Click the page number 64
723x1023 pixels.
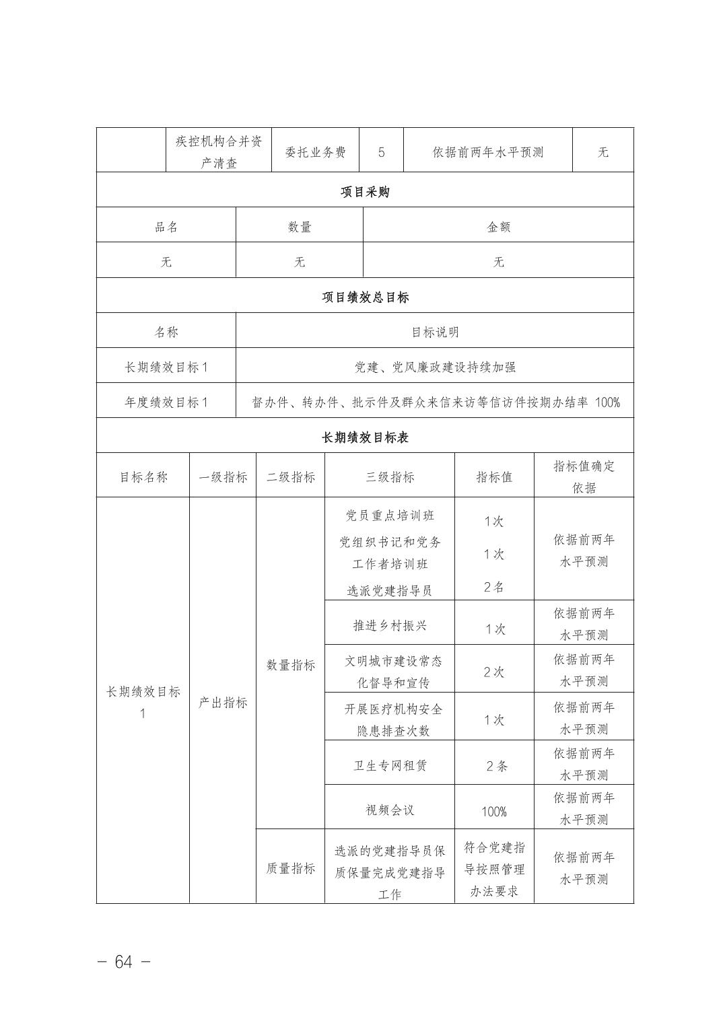123,962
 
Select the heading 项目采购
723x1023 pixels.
364,192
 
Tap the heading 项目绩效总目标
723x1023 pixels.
364,297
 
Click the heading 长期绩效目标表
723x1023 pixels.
364,437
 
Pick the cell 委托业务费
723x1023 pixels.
315,153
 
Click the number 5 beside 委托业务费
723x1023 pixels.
381,153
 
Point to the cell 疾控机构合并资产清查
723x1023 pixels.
219,152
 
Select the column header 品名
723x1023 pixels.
166,227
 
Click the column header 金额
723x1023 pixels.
498,227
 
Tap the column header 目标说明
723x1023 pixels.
435,332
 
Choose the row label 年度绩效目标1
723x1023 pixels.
166,402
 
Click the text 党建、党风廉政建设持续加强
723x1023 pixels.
435,367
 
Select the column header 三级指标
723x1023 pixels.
389,477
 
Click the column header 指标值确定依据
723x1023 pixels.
584,477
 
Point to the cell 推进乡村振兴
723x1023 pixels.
389,625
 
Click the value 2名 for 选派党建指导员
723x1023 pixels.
493,587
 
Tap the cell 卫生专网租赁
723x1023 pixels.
389,765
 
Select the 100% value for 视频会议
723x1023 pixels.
493,812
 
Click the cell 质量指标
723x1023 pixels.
290,868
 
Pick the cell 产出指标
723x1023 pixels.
223,703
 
